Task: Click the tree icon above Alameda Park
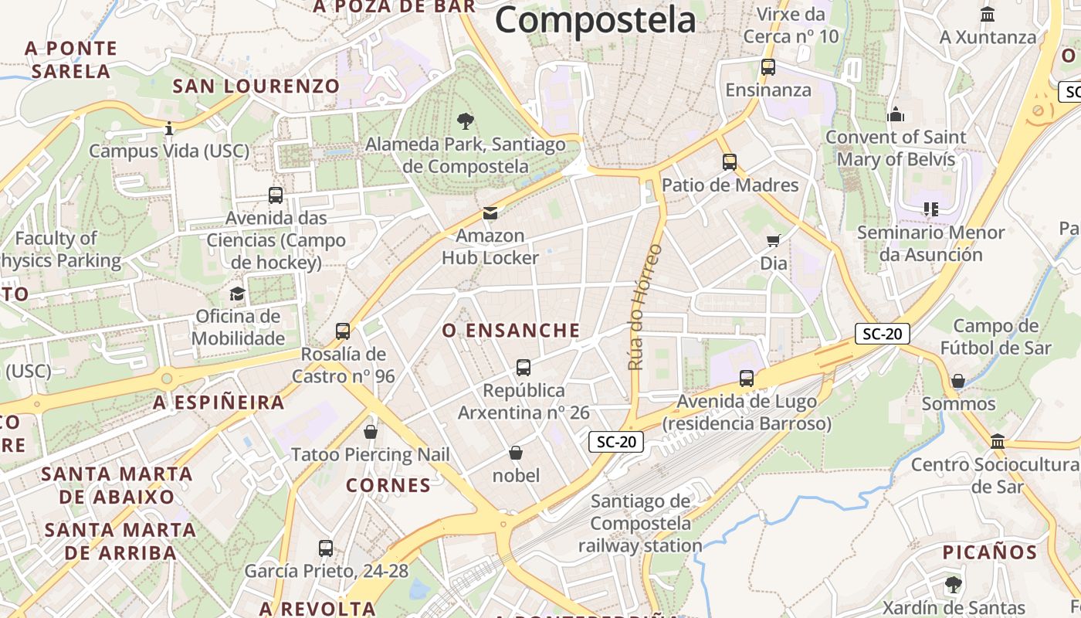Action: point(465,121)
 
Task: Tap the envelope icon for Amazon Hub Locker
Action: point(490,213)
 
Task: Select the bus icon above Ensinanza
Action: point(768,67)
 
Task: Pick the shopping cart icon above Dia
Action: point(773,241)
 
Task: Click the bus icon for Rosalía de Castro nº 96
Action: point(343,331)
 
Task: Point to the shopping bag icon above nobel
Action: point(516,453)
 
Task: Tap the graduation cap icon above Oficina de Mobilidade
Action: point(237,294)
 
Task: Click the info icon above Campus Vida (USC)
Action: point(169,128)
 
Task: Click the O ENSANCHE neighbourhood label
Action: point(511,331)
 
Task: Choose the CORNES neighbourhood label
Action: point(388,485)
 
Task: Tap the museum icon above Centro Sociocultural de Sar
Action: point(998,442)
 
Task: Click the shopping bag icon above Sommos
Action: point(958,381)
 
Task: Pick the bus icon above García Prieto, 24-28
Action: point(326,548)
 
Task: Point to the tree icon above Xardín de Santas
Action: point(954,584)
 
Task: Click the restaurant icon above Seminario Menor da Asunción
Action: point(930,209)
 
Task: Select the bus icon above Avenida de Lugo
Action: point(746,379)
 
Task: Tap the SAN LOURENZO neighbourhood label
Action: point(256,86)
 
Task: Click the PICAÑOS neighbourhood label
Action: point(989,552)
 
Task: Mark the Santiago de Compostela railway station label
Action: point(640,523)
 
